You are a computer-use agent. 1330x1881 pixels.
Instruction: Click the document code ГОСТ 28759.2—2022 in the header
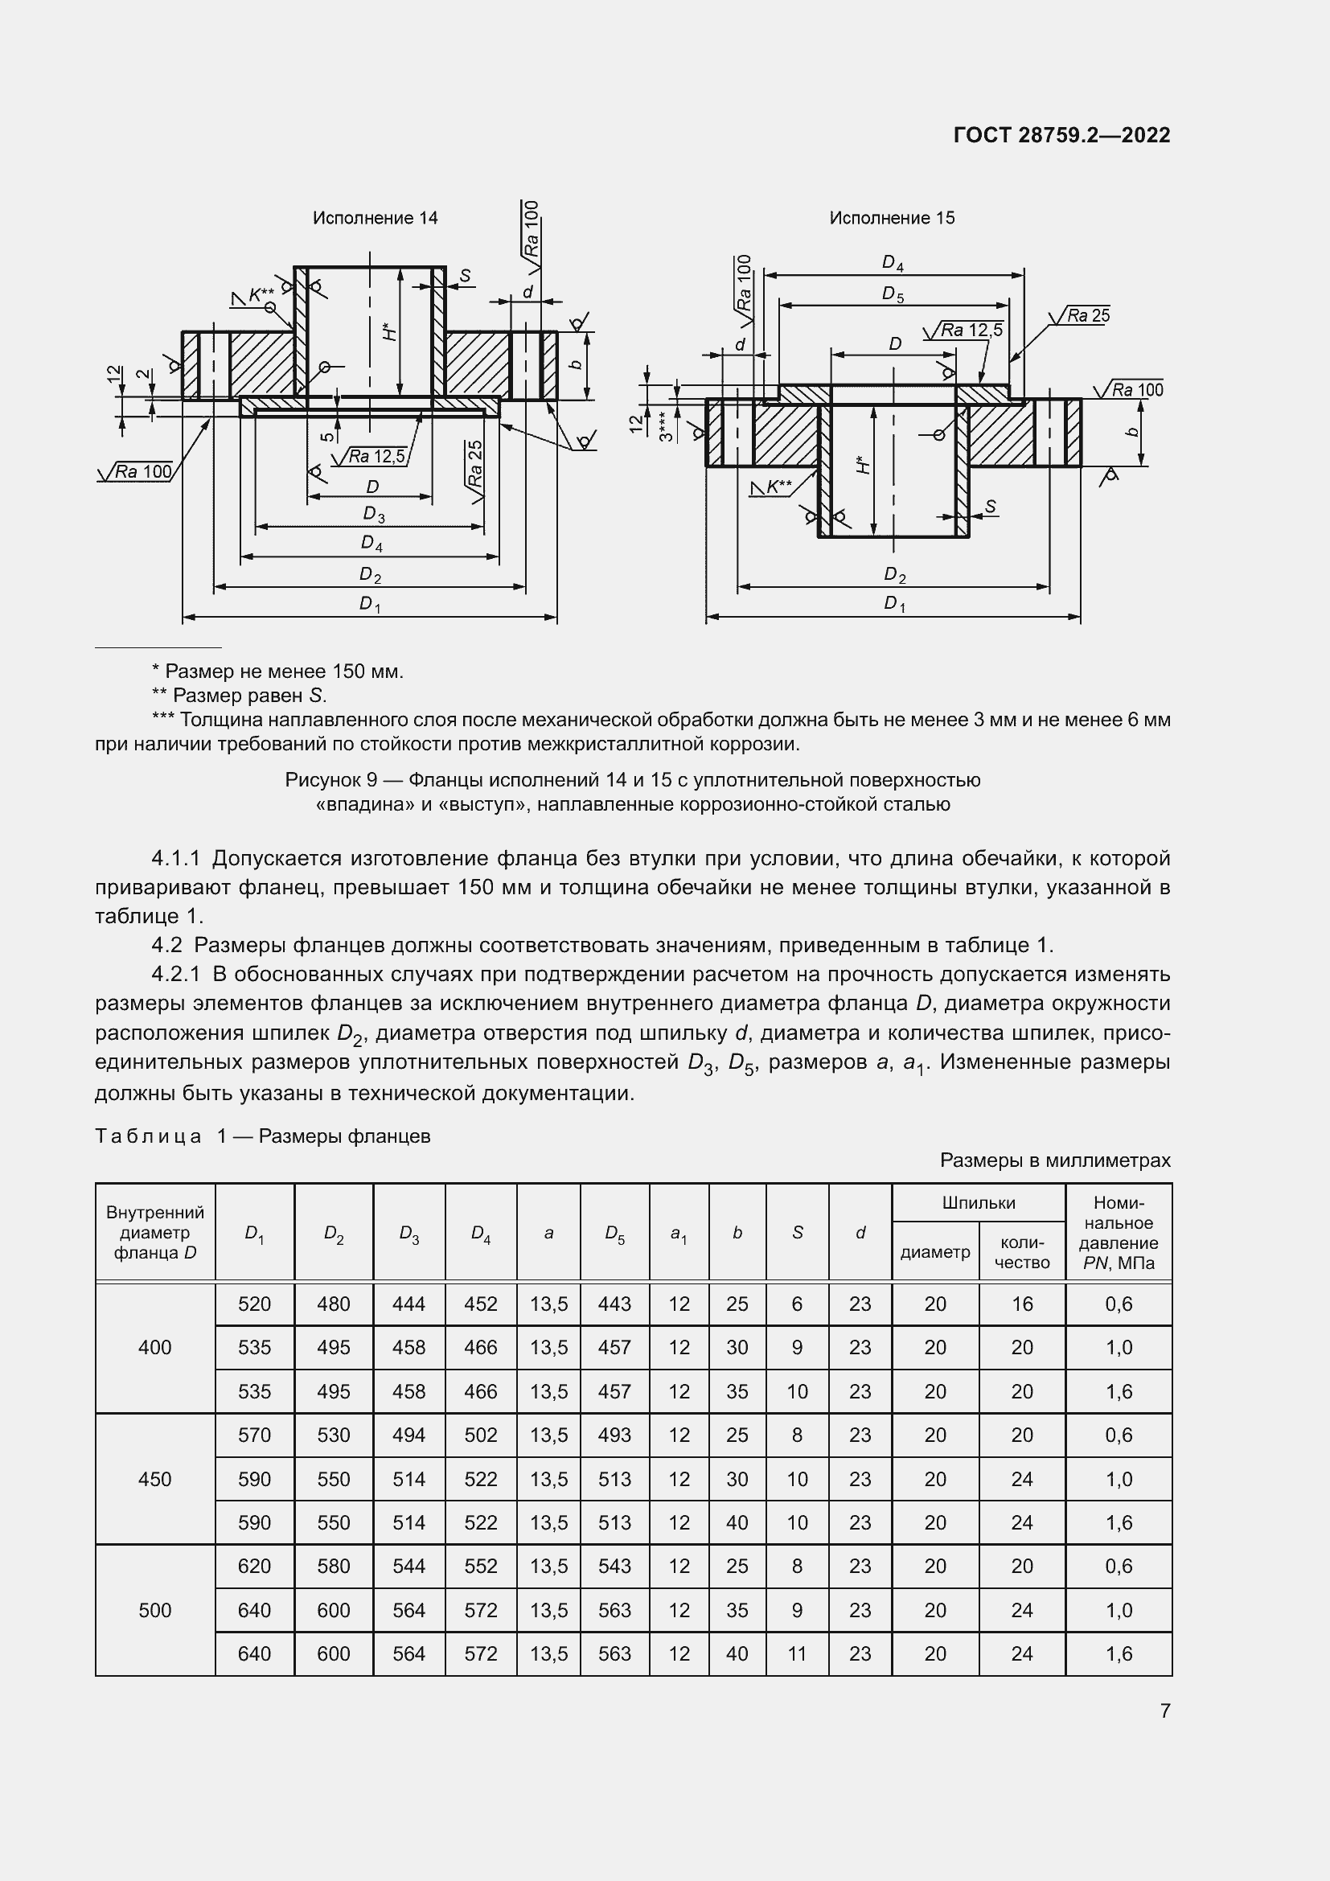[1061, 135]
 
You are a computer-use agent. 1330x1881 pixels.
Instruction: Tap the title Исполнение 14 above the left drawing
[375, 218]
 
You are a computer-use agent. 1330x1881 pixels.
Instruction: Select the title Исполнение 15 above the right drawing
[892, 218]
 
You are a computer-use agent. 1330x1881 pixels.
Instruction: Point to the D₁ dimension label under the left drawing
[370, 605]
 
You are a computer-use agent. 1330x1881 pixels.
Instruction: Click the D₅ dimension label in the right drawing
[893, 294]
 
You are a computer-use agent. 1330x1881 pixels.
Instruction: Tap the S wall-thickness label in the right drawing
[990, 507]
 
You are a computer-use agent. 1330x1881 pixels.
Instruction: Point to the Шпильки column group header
[978, 1202]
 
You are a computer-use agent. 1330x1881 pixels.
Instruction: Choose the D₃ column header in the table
[408, 1233]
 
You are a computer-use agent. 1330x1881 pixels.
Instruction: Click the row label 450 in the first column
[154, 1479]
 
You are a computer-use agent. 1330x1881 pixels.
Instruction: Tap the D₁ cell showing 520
[254, 1304]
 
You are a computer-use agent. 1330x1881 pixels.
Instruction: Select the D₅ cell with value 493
[614, 1435]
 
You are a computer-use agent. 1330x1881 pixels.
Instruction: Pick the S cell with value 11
[797, 1653]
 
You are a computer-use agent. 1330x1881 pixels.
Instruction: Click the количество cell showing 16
[1021, 1304]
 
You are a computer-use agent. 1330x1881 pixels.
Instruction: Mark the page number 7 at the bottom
[1164, 1711]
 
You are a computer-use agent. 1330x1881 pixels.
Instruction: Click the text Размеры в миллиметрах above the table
[1055, 1160]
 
